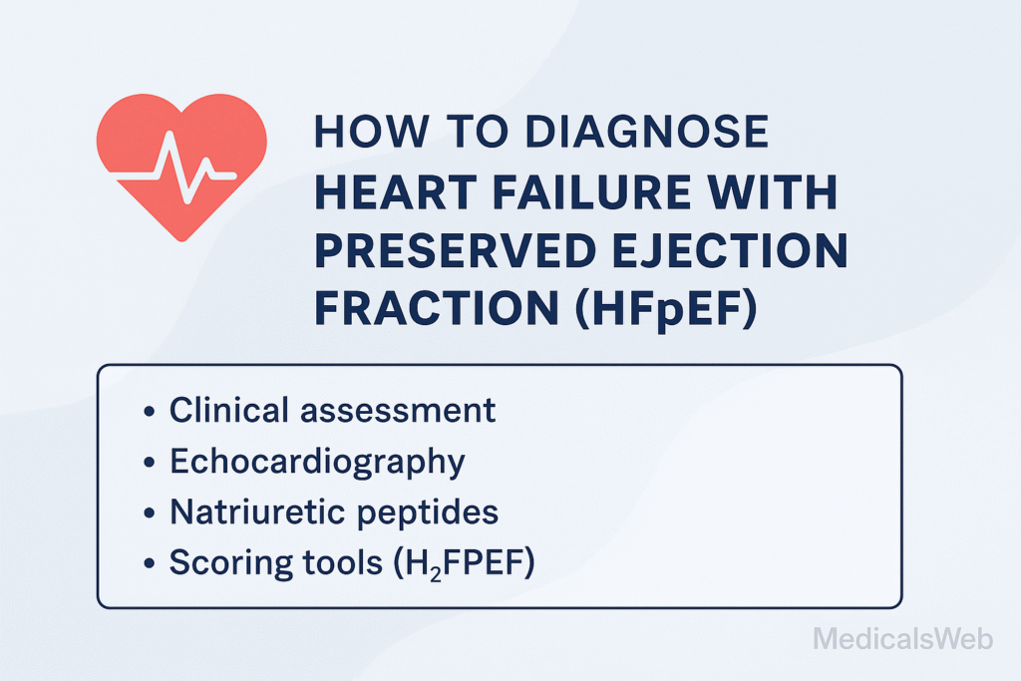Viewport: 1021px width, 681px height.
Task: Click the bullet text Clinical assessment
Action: click(332, 410)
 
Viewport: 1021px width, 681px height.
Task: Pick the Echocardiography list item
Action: click(317, 462)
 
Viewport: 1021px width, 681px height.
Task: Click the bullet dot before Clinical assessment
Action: click(150, 412)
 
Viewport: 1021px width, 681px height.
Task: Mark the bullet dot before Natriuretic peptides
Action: click(150, 514)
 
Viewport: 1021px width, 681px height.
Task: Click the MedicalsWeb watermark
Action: click(902, 638)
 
